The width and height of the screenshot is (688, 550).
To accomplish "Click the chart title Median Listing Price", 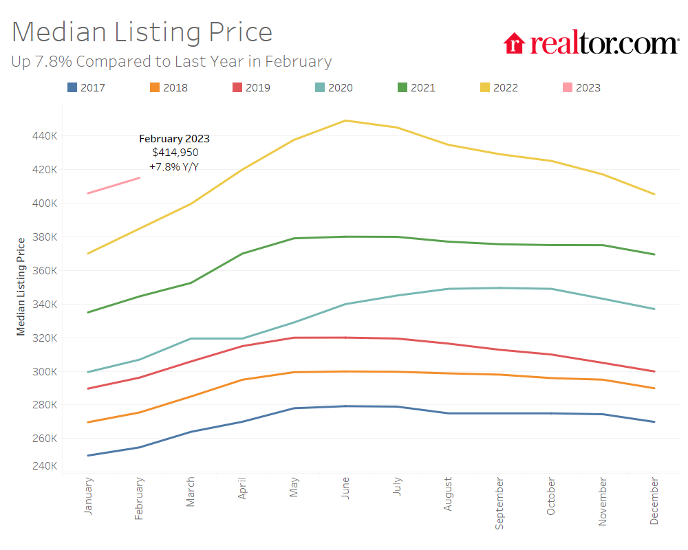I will coord(142,32).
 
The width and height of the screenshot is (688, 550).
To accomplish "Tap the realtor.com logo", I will coord(591,43).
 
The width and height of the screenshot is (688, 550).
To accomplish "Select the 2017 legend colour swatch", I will coord(72,87).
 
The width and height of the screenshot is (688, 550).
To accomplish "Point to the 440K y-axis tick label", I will coord(45,136).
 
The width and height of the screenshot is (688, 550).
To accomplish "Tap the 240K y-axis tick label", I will coord(45,466).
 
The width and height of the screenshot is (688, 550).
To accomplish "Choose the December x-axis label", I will coord(654,503).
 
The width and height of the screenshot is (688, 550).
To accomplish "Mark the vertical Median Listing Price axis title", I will coord(21,286).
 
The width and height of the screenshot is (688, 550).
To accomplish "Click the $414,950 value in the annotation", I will coord(175,153).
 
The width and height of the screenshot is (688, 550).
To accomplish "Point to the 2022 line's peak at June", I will coord(345,120).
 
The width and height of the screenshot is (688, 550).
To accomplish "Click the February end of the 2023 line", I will coord(140,178).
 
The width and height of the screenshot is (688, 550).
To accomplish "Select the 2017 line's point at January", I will coord(88,455).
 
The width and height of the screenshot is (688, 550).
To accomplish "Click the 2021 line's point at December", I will coord(654,254).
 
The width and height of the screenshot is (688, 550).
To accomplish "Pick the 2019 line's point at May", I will coord(294,338).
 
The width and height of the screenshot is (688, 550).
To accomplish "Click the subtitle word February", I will coord(299,62).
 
